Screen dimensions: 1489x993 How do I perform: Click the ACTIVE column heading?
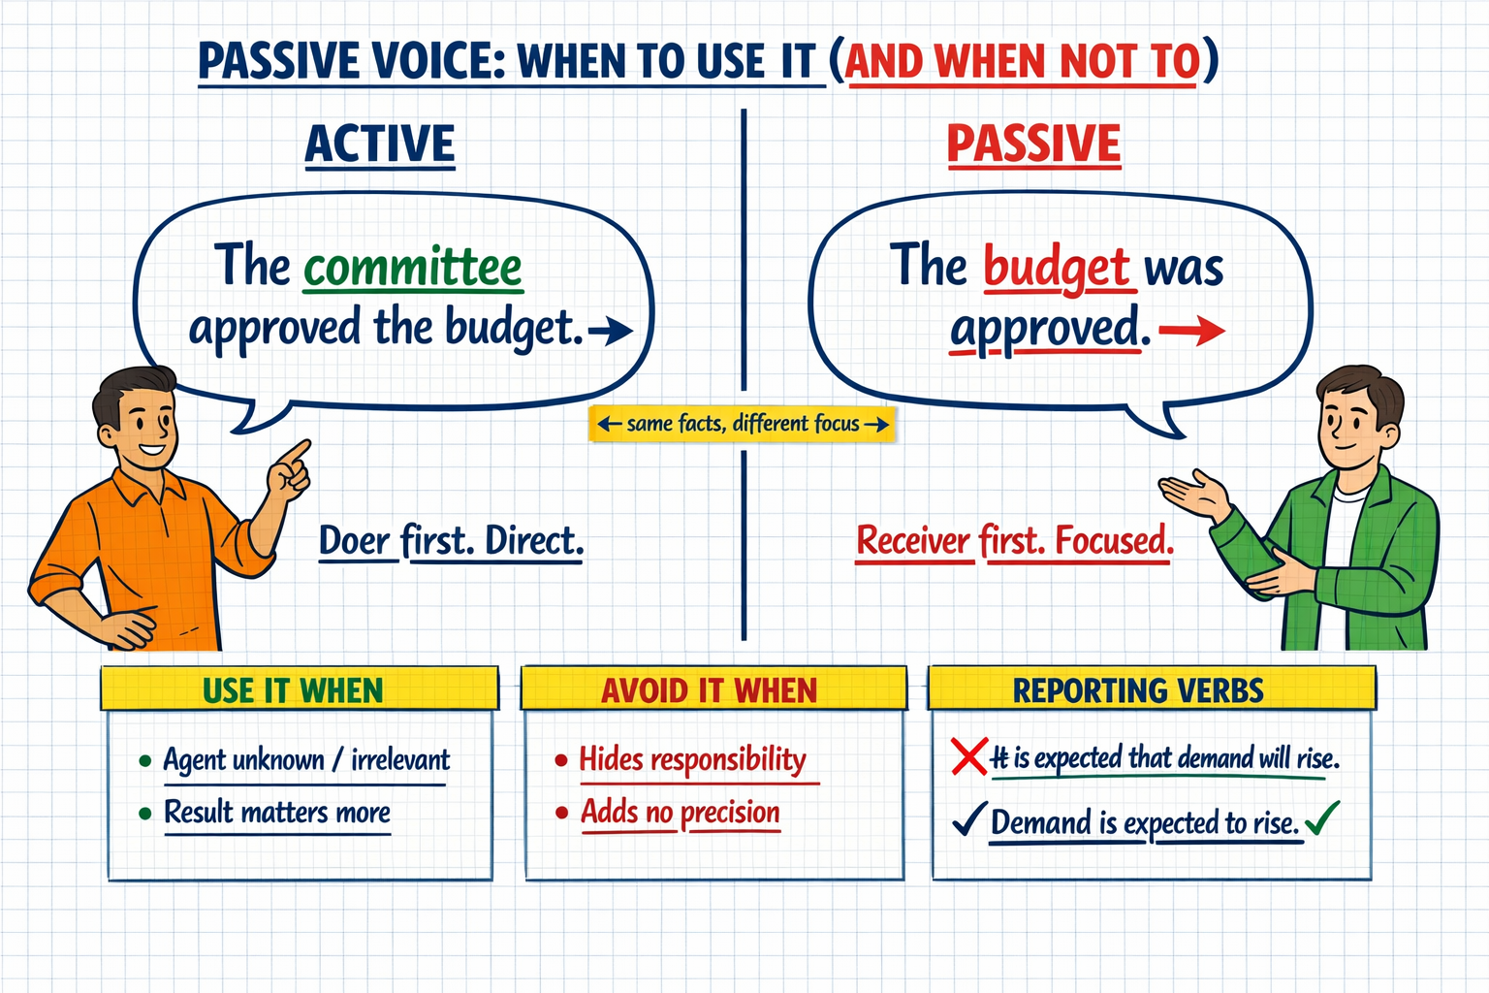click(380, 144)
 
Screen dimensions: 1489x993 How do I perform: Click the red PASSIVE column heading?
click(1033, 144)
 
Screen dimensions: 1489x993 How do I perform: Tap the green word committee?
click(413, 268)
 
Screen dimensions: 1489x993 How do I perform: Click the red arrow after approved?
click(1191, 331)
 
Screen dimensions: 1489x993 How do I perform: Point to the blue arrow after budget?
click(610, 331)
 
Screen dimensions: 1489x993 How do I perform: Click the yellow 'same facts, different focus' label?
click(743, 424)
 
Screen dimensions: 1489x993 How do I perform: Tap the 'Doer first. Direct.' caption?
click(452, 541)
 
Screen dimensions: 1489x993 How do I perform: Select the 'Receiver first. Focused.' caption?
click(1014, 540)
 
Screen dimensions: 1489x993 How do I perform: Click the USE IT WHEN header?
click(293, 690)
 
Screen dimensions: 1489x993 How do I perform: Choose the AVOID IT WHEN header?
click(710, 690)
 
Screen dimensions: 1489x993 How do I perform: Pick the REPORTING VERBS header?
click(1138, 690)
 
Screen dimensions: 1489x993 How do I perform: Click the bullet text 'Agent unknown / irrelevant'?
click(306, 759)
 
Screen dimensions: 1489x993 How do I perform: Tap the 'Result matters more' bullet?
click(277, 812)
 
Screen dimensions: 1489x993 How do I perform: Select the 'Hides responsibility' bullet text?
click(693, 759)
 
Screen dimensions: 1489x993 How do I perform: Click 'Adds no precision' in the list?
click(680, 812)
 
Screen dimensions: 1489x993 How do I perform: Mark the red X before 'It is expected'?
click(968, 757)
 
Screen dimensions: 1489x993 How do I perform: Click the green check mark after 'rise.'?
click(1322, 817)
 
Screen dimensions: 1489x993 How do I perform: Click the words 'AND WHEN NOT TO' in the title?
click(1023, 62)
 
